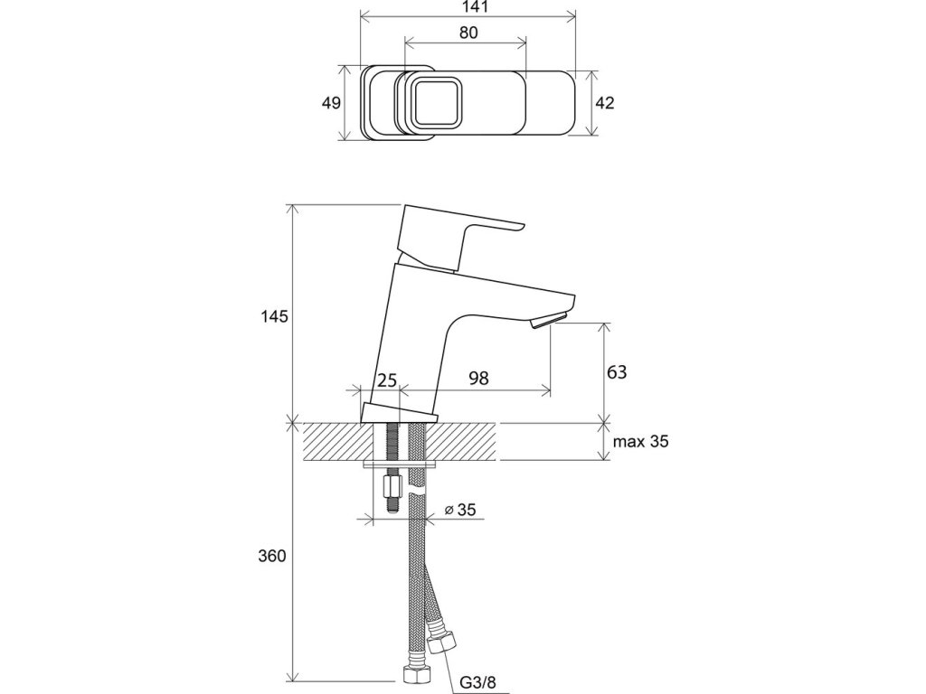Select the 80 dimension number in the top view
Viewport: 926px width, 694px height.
(x=468, y=33)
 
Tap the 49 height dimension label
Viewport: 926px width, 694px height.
(x=331, y=103)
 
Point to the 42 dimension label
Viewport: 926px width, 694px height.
(x=605, y=103)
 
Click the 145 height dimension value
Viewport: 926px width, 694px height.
(x=274, y=317)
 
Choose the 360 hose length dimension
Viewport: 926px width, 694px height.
(x=271, y=556)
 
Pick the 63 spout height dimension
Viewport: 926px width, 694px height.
(x=617, y=372)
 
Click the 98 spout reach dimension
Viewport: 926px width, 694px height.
(x=479, y=379)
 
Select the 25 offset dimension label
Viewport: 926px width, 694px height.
(x=387, y=380)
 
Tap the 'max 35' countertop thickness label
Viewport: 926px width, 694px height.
(x=641, y=441)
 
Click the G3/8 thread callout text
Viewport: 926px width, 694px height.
(x=478, y=683)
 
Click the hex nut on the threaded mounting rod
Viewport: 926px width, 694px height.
(x=393, y=488)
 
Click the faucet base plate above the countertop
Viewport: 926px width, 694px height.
(x=399, y=414)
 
